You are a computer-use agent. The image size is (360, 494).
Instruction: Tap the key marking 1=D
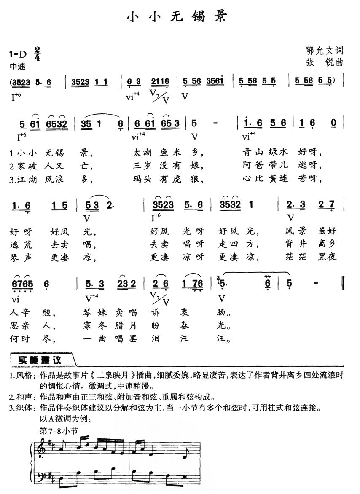point(17,54)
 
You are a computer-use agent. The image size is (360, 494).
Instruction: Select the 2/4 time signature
point(38,54)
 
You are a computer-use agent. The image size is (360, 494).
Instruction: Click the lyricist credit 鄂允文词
point(325,51)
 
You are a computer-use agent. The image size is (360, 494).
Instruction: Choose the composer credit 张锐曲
point(325,62)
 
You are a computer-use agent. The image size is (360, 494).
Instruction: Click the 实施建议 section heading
point(40,361)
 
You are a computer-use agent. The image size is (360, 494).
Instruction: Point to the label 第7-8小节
point(58,431)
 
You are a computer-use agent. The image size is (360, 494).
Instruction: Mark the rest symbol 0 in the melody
point(334,123)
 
